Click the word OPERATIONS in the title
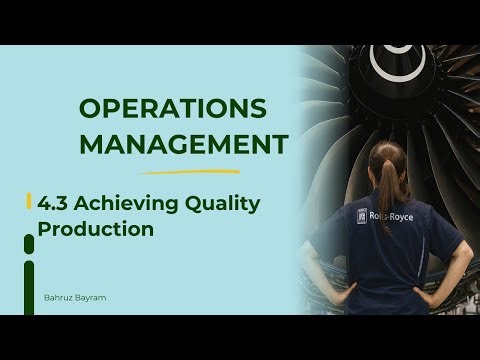coord(172,108)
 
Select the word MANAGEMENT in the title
coord(180,145)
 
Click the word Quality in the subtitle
coord(223,204)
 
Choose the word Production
coord(96,228)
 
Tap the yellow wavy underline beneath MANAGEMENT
coord(180,171)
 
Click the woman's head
coord(388,155)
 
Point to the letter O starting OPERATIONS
coord(89,108)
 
